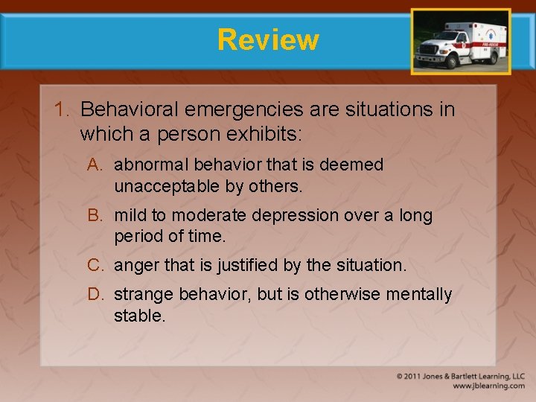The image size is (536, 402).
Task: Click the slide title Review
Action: [268, 39]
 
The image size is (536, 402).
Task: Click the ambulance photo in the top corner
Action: [461, 42]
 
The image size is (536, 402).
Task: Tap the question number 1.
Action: [61, 109]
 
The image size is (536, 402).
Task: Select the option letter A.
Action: [95, 165]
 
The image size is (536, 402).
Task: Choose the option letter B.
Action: [95, 215]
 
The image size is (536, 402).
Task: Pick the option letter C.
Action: [95, 264]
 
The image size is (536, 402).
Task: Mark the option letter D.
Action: [95, 295]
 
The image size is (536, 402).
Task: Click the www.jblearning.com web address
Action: [488, 386]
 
